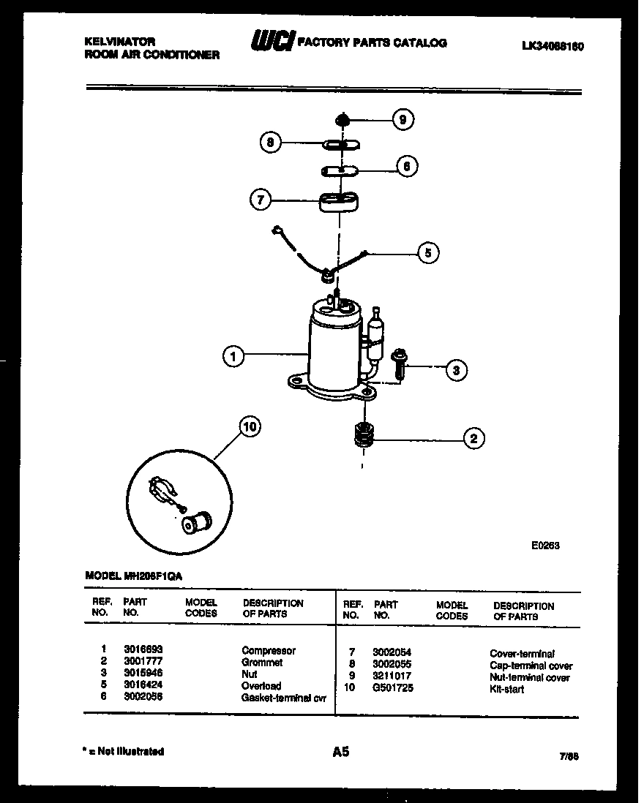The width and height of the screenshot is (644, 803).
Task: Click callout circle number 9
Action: (402, 119)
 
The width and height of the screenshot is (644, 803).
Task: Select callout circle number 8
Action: (270, 143)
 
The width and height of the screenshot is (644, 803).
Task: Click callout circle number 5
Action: (428, 253)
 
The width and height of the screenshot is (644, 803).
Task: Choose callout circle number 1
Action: (233, 356)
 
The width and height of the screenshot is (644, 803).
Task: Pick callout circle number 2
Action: (473, 439)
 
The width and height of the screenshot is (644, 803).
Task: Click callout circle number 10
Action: (250, 427)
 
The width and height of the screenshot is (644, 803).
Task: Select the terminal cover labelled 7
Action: (339, 201)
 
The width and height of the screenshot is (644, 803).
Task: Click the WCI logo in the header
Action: (272, 43)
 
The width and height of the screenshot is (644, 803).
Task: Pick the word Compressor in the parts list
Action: (269, 650)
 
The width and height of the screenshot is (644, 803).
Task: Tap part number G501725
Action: (393, 689)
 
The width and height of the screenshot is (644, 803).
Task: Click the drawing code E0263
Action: (545, 545)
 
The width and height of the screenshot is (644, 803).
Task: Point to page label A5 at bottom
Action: (341, 751)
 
